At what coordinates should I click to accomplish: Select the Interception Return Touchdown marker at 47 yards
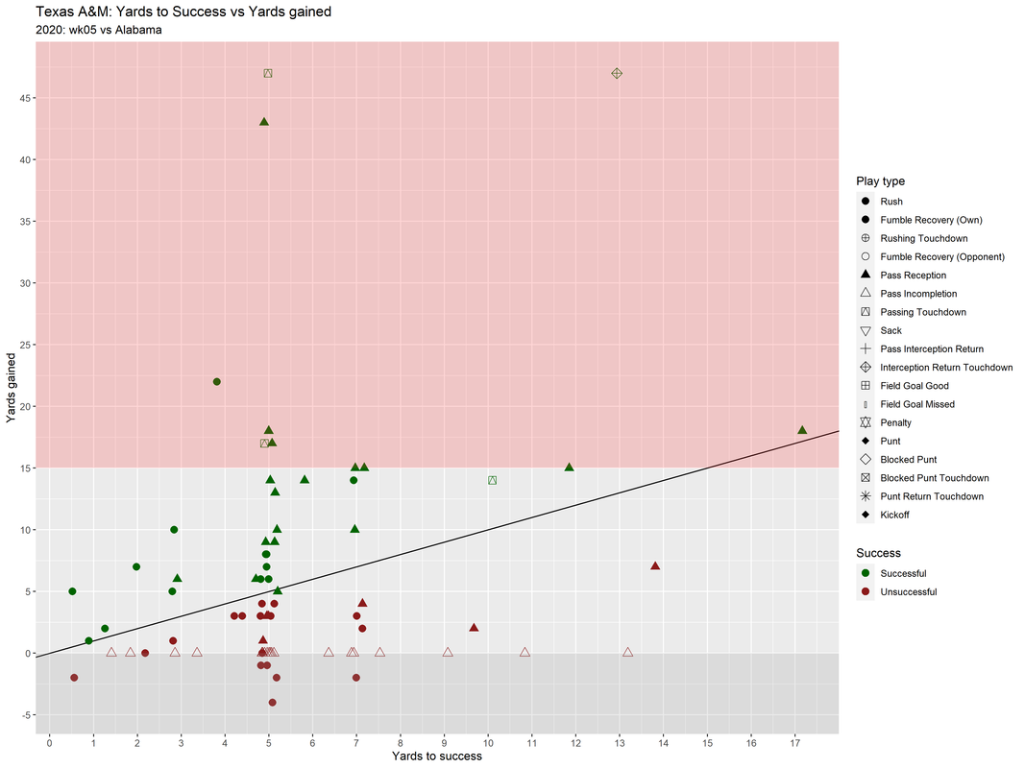click(x=617, y=74)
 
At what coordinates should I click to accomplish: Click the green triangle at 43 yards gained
click(x=264, y=122)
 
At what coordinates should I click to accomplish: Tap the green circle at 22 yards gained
click(x=217, y=382)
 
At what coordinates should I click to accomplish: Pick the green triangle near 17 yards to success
click(x=802, y=430)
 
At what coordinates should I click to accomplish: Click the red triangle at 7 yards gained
click(x=655, y=566)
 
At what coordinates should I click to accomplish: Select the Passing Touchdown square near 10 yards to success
click(x=492, y=480)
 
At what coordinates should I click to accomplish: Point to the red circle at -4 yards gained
click(x=273, y=703)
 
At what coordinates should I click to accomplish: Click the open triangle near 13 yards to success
click(x=628, y=653)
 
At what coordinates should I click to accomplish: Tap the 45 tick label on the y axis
click(x=27, y=98)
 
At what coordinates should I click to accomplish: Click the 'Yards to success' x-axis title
click(x=437, y=756)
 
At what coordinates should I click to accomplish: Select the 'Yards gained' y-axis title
click(x=11, y=386)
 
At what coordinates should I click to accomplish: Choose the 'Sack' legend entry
click(x=891, y=330)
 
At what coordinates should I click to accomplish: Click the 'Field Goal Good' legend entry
click(x=914, y=386)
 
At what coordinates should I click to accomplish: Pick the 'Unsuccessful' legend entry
click(x=908, y=592)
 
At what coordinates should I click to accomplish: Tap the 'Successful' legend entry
click(x=903, y=574)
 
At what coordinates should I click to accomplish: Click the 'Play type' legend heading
click(x=881, y=181)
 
